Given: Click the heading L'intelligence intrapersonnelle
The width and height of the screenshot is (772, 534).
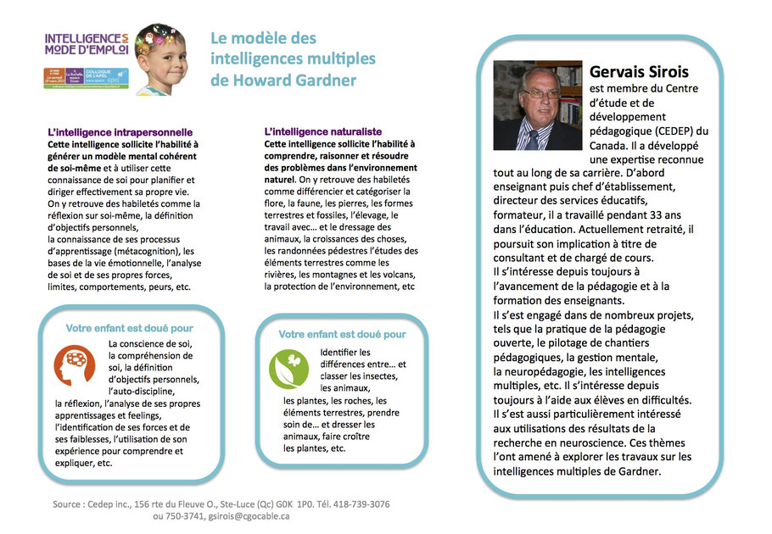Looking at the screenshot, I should pyautogui.click(x=120, y=133).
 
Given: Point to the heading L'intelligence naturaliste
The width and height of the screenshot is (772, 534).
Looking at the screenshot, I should pyautogui.click(x=323, y=133).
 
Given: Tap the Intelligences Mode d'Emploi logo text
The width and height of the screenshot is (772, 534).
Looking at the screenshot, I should pyautogui.click(x=84, y=45).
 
